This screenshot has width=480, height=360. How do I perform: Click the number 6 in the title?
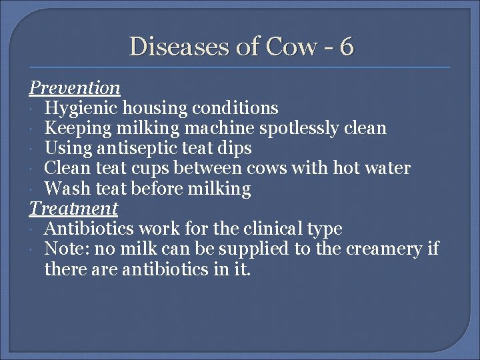pyautogui.click(x=346, y=47)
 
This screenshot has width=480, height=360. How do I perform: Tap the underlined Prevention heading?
pyautogui.click(x=74, y=87)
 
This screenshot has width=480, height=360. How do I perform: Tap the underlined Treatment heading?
pyautogui.click(x=73, y=209)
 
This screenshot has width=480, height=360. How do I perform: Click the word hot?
pyautogui.click(x=349, y=168)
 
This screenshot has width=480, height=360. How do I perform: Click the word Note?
pyautogui.click(x=65, y=249)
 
